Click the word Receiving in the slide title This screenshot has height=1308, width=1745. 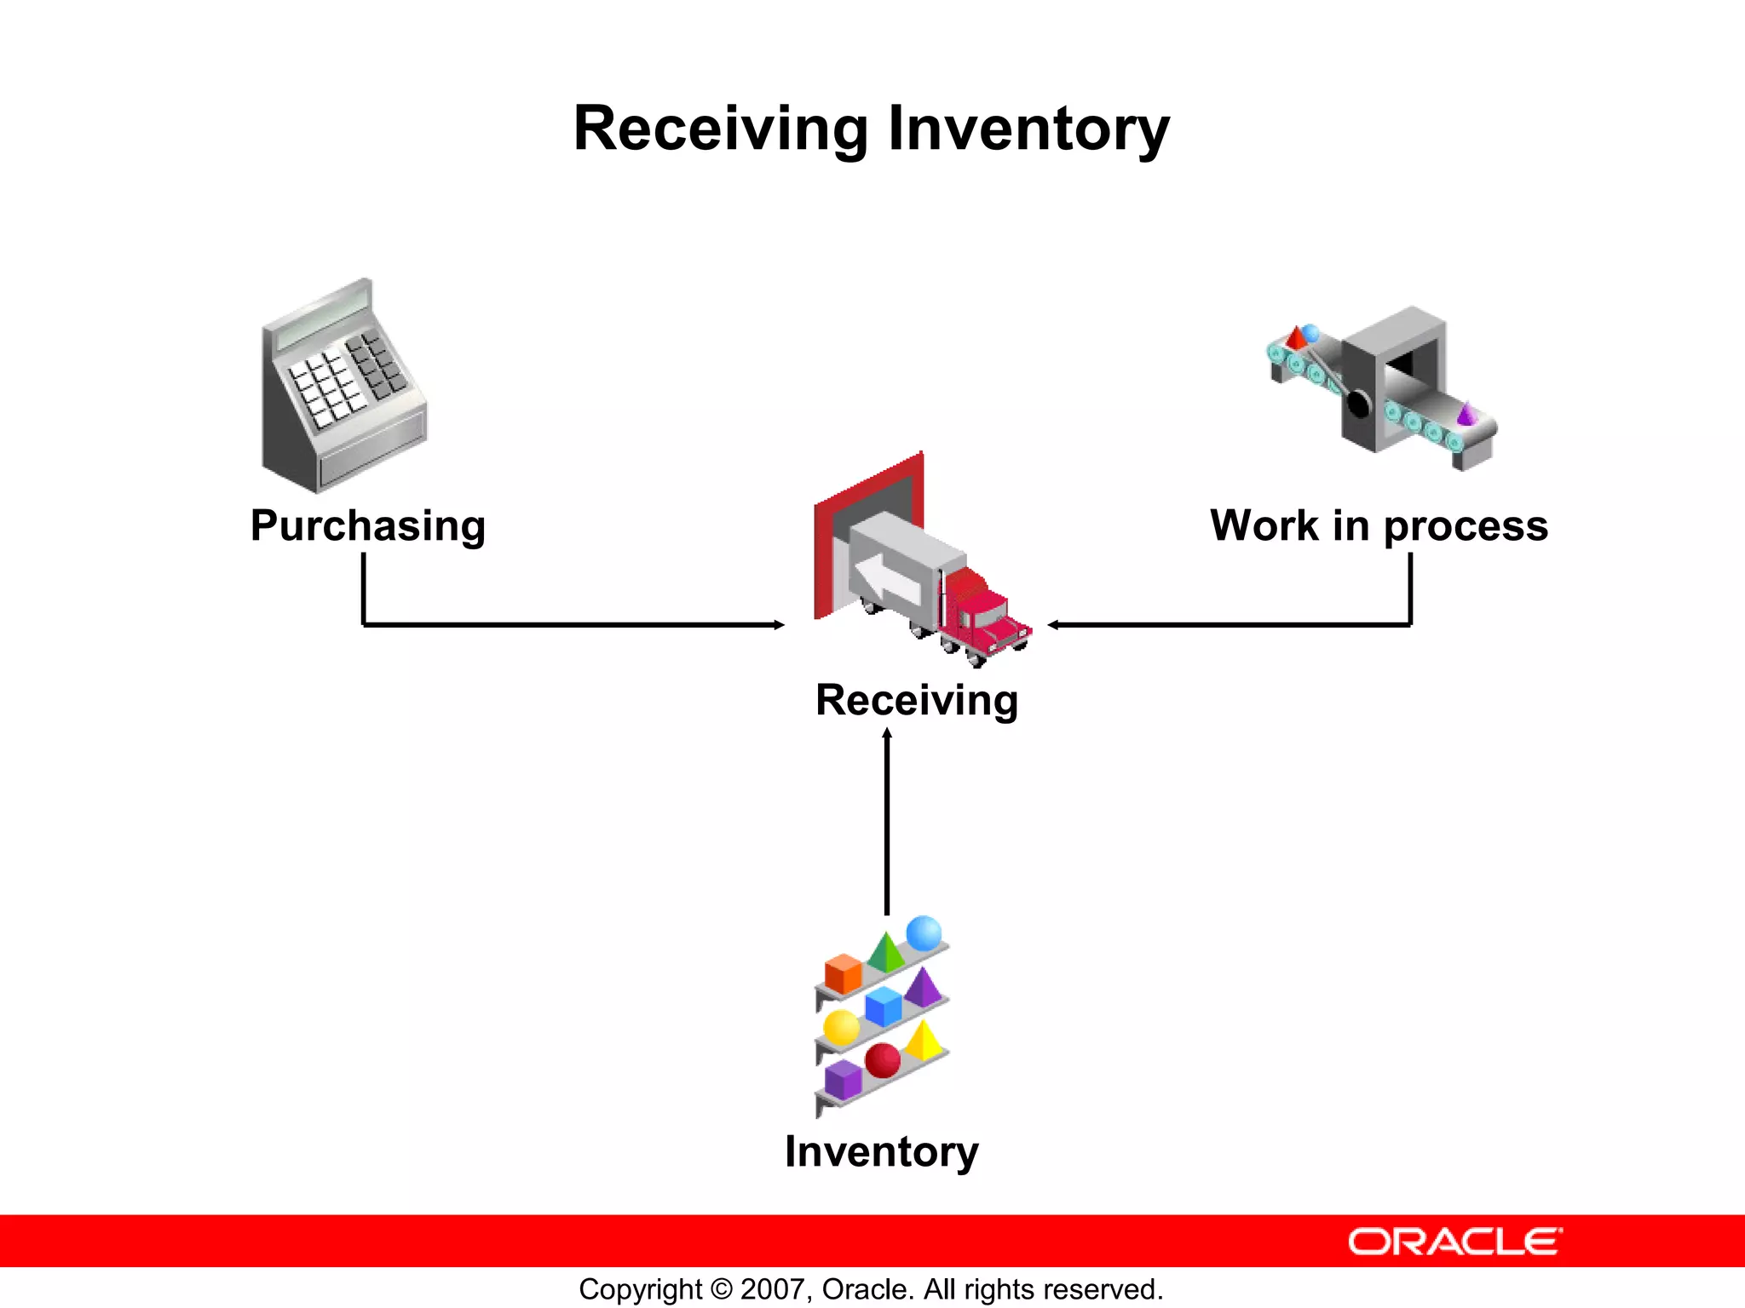(x=720, y=129)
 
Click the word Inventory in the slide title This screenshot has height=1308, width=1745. (x=1028, y=129)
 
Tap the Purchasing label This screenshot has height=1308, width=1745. (x=367, y=525)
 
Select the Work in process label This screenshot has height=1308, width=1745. (x=1378, y=525)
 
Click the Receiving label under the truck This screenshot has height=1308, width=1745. (x=917, y=700)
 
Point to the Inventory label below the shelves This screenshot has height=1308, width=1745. (x=881, y=1151)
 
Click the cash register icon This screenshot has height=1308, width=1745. (x=343, y=387)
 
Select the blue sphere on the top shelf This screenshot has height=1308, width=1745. (x=924, y=933)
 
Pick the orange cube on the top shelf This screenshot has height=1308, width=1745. (x=843, y=973)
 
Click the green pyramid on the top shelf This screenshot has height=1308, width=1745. (x=886, y=953)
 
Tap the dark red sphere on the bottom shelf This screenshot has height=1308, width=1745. (x=882, y=1060)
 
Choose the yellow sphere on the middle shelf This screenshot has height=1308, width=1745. (x=841, y=1028)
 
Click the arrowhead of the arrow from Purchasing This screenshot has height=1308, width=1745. (x=779, y=625)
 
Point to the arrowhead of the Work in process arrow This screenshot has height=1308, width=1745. (x=1053, y=625)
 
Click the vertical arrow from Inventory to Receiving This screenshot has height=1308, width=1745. (x=887, y=822)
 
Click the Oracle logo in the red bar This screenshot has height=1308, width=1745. (x=1454, y=1242)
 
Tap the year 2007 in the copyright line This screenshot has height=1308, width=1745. (x=770, y=1289)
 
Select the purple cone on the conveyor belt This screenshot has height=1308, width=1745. (x=1466, y=415)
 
